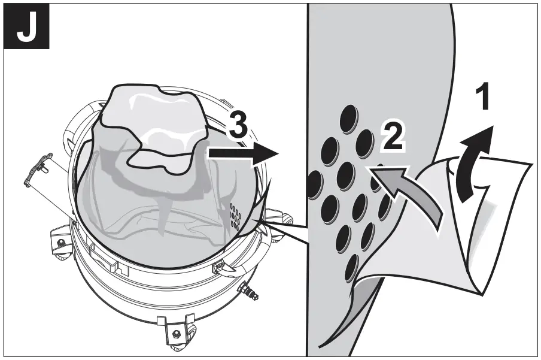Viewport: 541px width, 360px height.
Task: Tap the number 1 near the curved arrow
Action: (x=482, y=97)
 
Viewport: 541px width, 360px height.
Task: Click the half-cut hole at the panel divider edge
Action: (x=312, y=183)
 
